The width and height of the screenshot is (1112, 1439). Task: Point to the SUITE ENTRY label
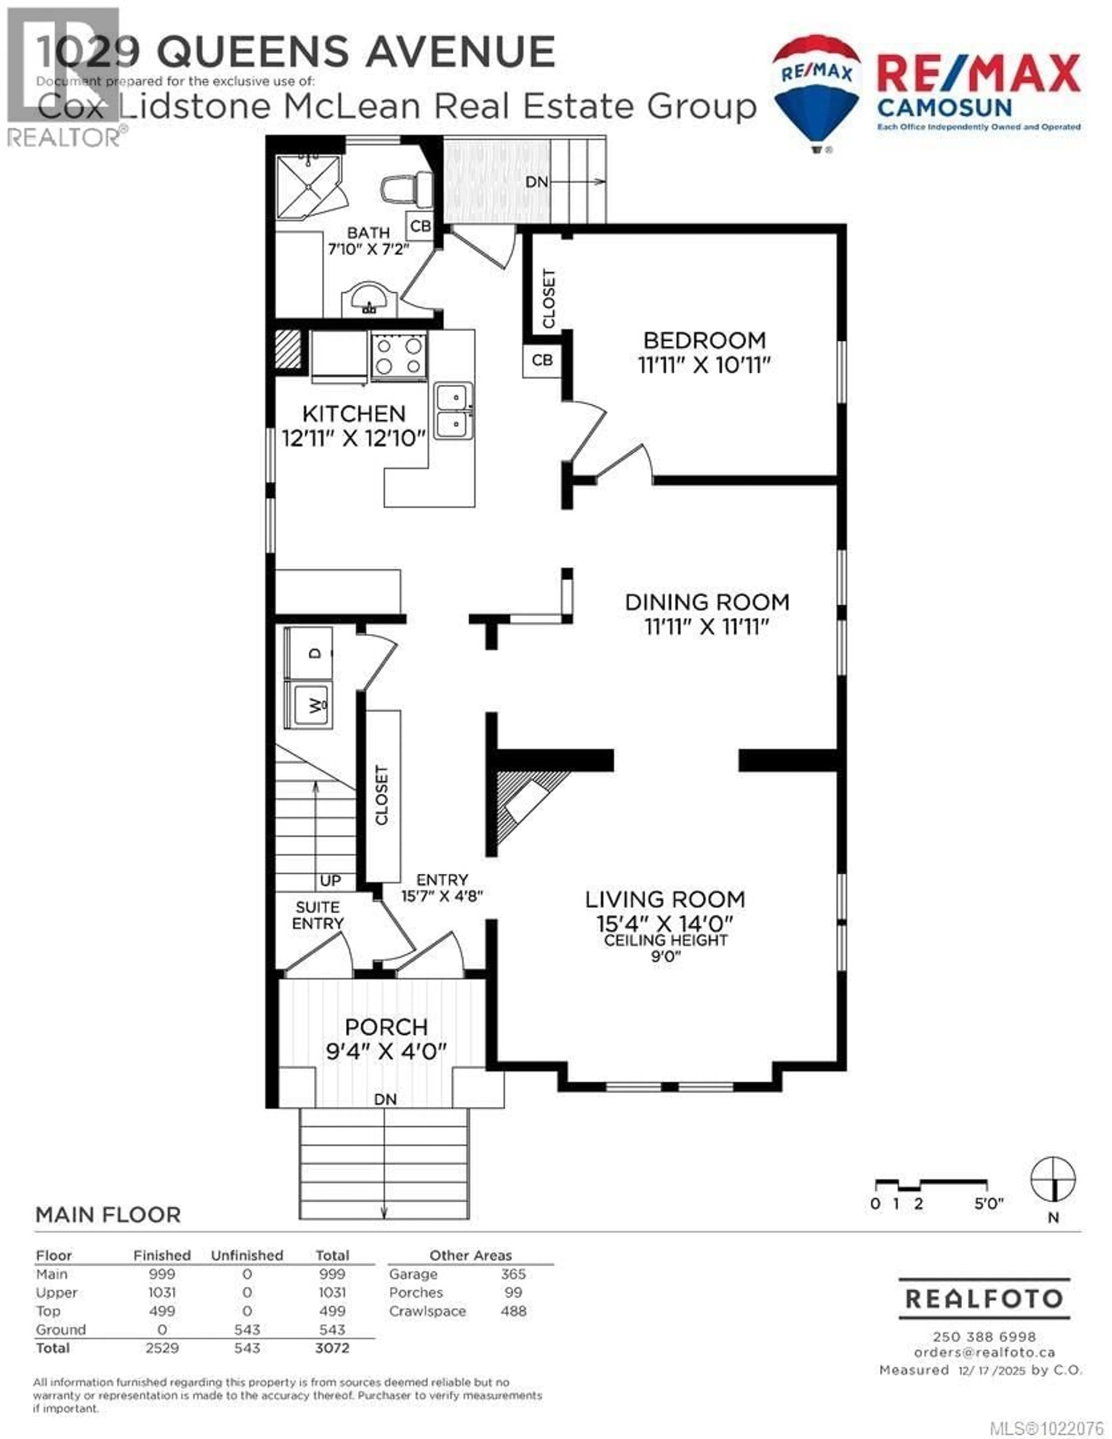pyautogui.click(x=317, y=915)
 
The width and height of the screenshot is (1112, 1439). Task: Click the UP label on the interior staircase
pyautogui.click(x=330, y=880)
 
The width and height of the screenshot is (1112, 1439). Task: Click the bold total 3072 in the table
pyautogui.click(x=332, y=1348)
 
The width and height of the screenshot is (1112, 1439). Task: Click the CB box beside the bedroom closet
pyautogui.click(x=542, y=360)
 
